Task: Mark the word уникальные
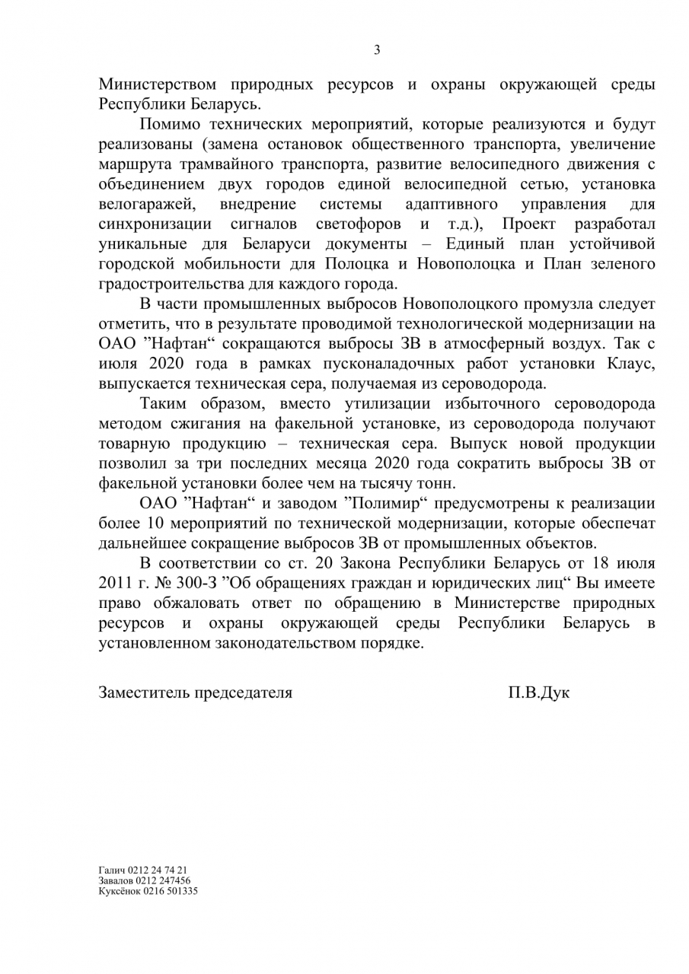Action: (x=145, y=243)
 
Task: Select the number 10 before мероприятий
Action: (x=145, y=523)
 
